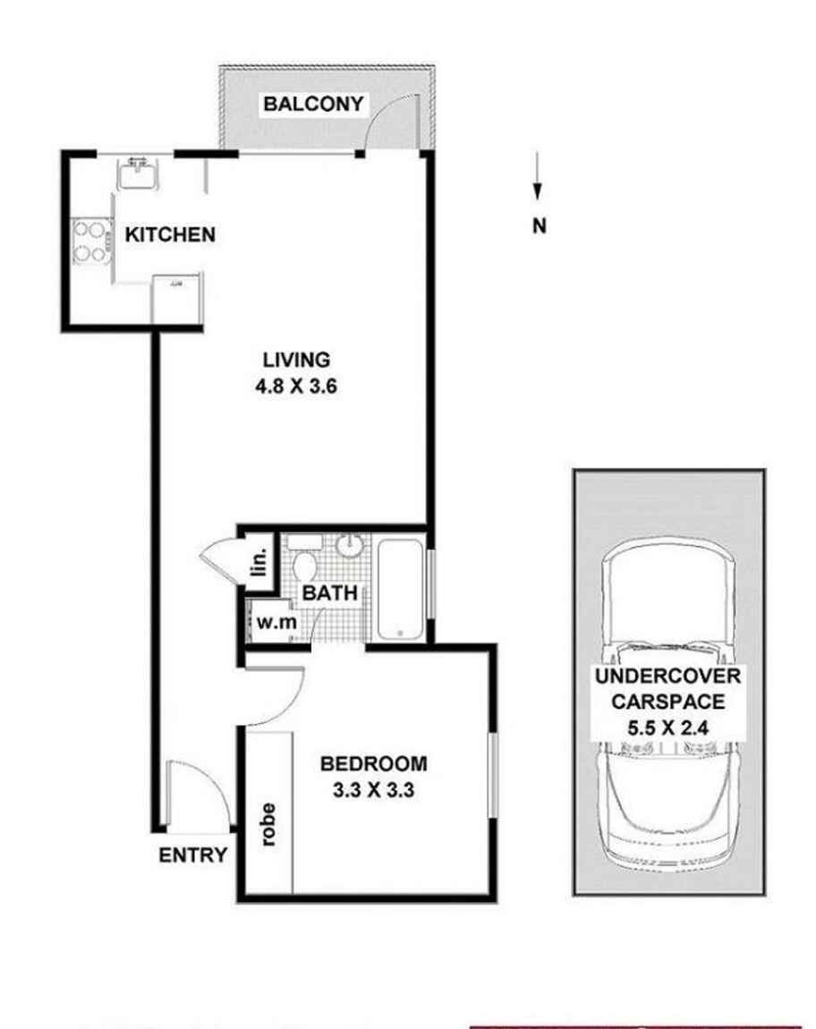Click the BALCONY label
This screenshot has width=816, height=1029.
click(x=313, y=104)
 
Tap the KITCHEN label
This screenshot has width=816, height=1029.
click(x=170, y=235)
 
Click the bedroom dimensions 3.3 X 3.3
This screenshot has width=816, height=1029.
click(x=373, y=791)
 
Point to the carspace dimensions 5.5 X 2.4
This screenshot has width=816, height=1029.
click(x=670, y=727)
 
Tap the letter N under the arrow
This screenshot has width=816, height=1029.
click(x=539, y=226)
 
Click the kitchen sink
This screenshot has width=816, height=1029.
click(x=139, y=173)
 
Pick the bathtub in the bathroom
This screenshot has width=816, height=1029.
click(x=400, y=588)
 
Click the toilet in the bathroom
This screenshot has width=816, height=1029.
click(x=304, y=564)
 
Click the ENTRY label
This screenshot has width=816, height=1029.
click(x=192, y=855)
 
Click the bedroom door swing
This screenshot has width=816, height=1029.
click(x=277, y=696)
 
